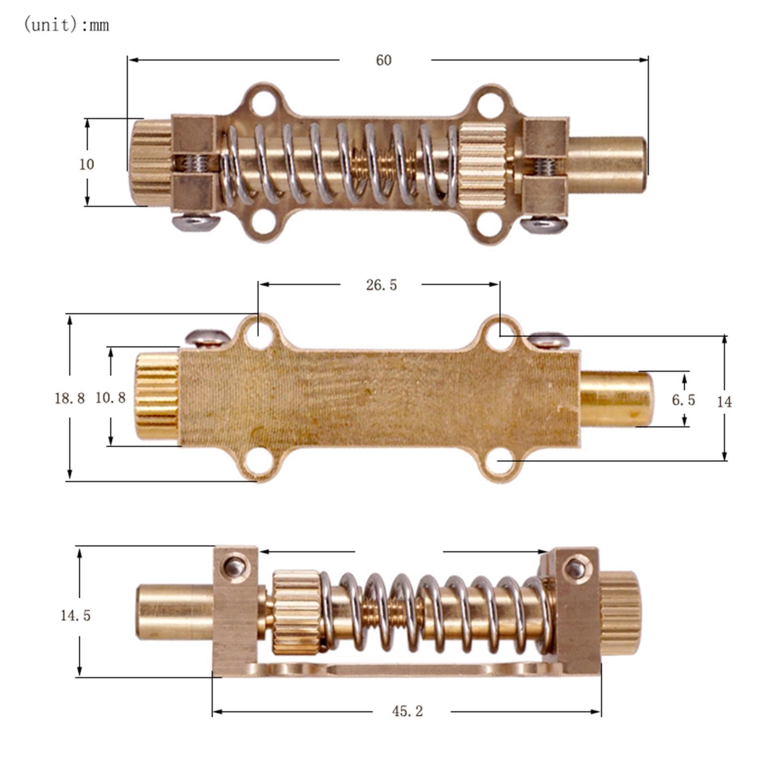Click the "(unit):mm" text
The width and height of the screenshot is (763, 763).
66,25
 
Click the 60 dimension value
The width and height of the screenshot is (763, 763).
384,61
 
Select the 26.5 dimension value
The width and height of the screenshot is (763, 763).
381,285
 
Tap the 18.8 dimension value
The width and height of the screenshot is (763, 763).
70,398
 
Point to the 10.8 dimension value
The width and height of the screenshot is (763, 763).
110,397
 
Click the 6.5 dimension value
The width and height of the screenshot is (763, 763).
683,400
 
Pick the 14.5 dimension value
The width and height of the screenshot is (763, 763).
75,615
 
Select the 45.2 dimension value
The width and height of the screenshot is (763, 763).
407,711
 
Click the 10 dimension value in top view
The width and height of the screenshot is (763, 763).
86,165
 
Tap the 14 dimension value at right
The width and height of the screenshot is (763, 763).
724,402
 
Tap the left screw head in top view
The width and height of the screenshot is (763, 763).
196,222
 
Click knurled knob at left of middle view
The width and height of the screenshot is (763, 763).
156,397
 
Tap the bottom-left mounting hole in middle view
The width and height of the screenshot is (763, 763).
258,460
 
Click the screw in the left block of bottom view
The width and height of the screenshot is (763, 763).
235,567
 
